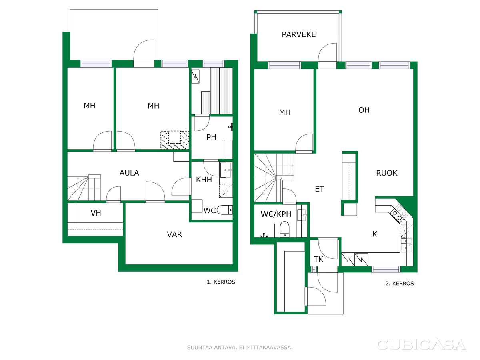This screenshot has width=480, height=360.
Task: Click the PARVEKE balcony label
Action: click(298, 34)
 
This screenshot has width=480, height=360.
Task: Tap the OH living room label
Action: click(364, 110)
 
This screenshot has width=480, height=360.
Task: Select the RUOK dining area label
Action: click(386, 173)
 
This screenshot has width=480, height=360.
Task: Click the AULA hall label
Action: click(129, 173)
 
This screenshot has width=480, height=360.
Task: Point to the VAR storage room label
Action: click(174, 234)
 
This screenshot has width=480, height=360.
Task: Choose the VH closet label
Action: click(96, 213)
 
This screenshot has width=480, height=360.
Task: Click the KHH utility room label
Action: click(204, 180)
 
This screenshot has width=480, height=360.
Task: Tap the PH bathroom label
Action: click(211, 137)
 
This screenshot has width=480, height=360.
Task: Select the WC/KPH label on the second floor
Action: click(276, 214)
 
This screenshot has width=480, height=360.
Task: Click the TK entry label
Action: click(318, 259)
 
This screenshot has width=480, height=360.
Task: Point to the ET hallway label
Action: click(319, 189)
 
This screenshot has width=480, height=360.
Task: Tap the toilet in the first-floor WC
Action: click(224, 210)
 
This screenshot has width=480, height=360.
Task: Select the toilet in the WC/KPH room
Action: click(284, 229)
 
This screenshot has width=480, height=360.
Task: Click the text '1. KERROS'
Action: click(221, 282)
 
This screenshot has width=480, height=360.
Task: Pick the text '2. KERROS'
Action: click(400, 284)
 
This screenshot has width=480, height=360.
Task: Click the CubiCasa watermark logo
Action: click(421, 344)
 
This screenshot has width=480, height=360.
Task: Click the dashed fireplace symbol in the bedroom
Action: click(175, 140)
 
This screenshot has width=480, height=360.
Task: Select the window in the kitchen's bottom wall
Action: click(386, 269)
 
